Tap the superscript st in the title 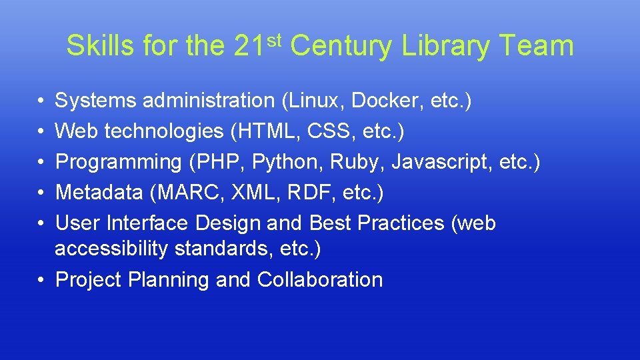[276, 39]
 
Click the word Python [323, 162]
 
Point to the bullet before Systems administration [41, 101]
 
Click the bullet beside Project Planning [41, 280]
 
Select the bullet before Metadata [41, 193]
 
